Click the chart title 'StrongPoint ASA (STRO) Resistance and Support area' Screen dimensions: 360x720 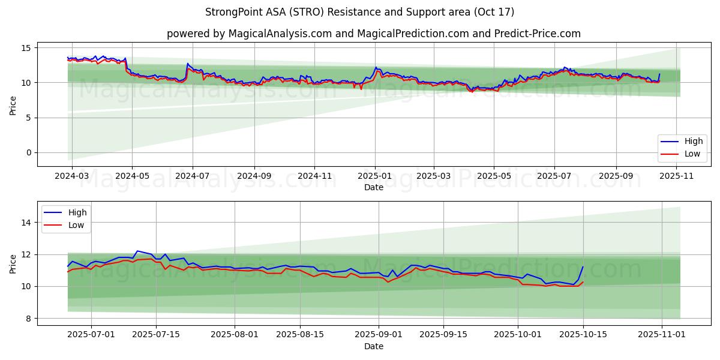[x=359, y=12]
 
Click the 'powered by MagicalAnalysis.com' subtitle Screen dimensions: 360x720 [x=373, y=34]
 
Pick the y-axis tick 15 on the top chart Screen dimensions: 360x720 [x=27, y=47]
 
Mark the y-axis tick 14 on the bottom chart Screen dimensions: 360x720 [x=27, y=223]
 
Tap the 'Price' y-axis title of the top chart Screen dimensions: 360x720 [x=13, y=104]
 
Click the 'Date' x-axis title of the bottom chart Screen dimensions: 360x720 [x=373, y=346]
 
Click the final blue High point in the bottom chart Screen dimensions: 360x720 [x=583, y=267]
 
